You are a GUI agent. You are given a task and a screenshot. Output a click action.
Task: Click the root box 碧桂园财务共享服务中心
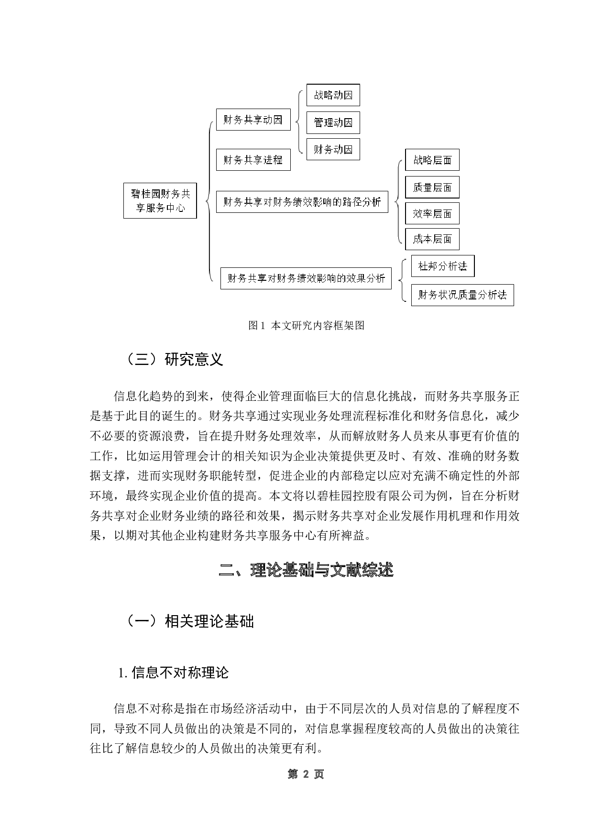click(160, 200)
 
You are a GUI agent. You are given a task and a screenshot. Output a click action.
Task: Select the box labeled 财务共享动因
click(253, 120)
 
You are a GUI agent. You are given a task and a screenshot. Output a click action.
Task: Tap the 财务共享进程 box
click(253, 160)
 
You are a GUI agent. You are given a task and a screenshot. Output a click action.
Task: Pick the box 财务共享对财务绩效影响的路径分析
click(302, 202)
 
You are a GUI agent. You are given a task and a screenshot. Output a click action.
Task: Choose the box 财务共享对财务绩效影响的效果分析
click(306, 278)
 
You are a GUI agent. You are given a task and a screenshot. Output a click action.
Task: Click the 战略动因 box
click(333, 95)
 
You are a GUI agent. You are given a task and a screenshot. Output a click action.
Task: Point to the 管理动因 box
click(333, 123)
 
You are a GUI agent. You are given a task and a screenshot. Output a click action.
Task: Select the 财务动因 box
click(333, 150)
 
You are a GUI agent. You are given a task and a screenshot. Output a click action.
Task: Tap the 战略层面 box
click(432, 160)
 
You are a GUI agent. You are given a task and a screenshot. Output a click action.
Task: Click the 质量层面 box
click(432, 188)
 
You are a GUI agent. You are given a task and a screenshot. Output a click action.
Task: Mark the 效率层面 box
click(432, 214)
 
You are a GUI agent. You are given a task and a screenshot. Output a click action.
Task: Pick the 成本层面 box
click(432, 239)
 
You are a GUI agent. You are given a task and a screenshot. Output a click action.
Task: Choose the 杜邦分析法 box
click(442, 266)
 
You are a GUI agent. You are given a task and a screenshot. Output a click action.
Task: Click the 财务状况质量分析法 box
click(462, 295)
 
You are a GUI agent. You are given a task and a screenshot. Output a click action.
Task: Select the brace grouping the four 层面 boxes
click(398, 202)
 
